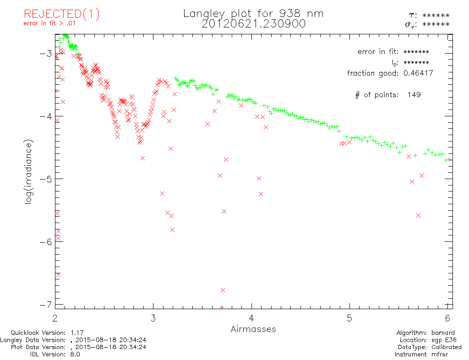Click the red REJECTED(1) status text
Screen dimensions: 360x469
click(x=61, y=14)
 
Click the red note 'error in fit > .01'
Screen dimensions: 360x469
click(x=49, y=24)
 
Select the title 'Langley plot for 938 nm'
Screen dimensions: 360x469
click(x=253, y=13)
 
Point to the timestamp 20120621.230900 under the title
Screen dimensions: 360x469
click(x=253, y=23)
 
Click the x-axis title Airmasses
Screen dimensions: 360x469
click(x=253, y=329)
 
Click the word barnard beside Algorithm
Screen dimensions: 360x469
click(x=445, y=333)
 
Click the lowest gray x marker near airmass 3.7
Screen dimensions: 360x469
click(x=223, y=290)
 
